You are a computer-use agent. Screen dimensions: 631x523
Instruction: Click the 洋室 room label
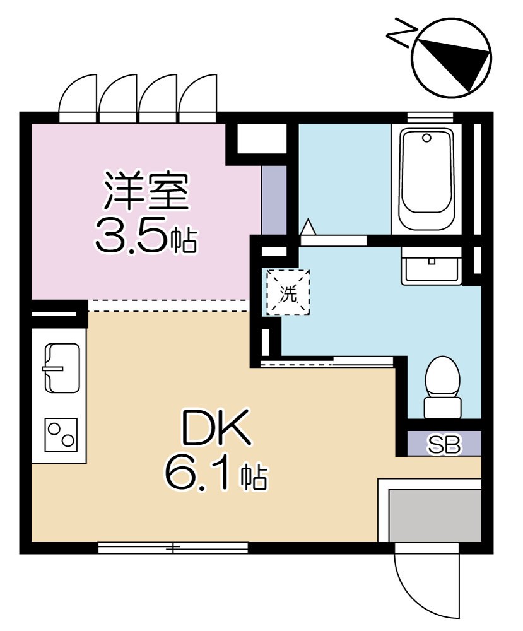pyautogui.click(x=146, y=192)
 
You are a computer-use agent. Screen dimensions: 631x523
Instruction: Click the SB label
pyautogui.click(x=444, y=445)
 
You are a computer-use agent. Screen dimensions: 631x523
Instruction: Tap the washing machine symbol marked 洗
pyautogui.click(x=288, y=293)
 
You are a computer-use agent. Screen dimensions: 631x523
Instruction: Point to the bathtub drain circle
pyautogui.click(x=426, y=138)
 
